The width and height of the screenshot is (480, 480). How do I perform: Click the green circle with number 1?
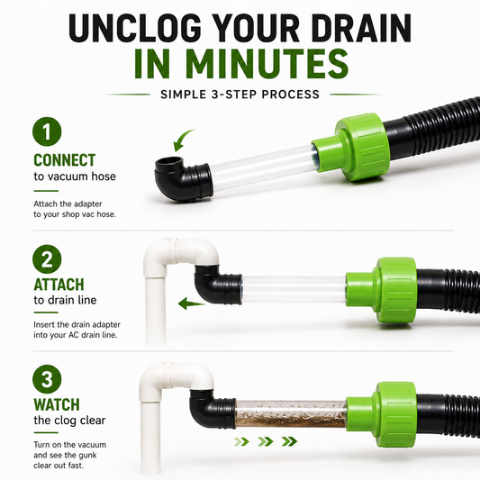47,131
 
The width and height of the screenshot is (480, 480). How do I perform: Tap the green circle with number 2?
47,259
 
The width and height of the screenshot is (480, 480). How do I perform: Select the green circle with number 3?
47,379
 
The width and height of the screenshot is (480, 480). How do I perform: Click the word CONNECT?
65,159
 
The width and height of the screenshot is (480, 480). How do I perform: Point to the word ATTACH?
59,285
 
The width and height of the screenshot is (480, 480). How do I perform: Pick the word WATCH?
57,404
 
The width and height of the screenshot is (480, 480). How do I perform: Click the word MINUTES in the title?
241,64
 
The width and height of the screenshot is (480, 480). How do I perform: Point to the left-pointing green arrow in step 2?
192,303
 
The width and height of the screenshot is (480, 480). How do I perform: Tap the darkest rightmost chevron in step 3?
289,441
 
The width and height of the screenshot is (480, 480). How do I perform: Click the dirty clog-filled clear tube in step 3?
291,414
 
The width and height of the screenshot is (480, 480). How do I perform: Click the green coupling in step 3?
383,414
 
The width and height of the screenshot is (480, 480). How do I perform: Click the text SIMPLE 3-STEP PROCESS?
240,95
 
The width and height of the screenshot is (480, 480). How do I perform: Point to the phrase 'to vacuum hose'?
75,177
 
